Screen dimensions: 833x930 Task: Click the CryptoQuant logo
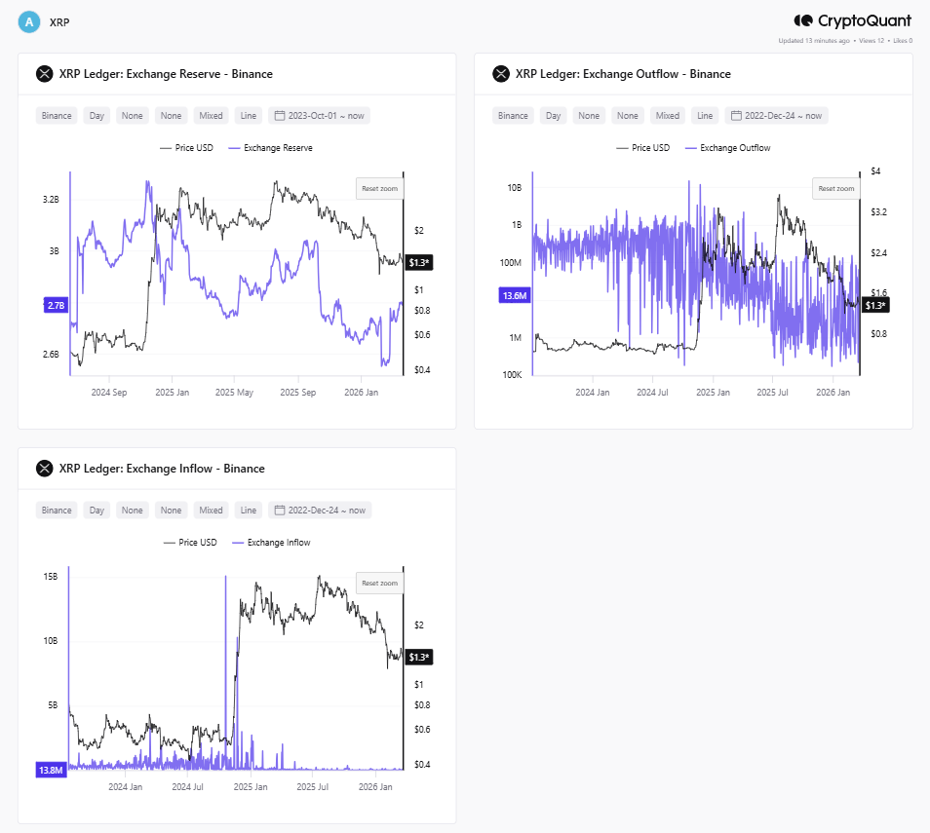(x=853, y=20)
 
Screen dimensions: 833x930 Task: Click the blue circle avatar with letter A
(x=29, y=21)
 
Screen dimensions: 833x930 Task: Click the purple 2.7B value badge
(x=55, y=305)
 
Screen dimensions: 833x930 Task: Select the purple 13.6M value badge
(x=513, y=295)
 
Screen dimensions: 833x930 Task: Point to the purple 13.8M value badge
(x=51, y=770)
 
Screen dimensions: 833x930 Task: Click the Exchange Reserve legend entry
(x=270, y=148)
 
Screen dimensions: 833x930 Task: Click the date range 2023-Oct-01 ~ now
(x=320, y=115)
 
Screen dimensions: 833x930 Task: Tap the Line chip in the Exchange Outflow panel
(x=704, y=115)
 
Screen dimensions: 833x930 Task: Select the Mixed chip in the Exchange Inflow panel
(x=211, y=510)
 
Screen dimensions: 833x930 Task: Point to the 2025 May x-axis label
(x=234, y=393)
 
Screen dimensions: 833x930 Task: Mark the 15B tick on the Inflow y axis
(x=50, y=577)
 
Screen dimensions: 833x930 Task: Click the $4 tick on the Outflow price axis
(x=875, y=171)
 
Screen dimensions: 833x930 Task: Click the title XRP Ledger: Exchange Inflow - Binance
(x=161, y=469)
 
